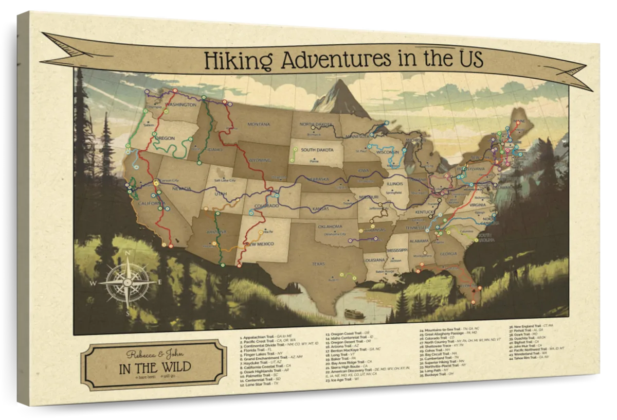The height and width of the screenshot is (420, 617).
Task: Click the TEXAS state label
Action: [319, 264]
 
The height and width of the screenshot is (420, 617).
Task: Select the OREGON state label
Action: [165, 138]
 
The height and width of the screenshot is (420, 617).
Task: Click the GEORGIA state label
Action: [448, 253]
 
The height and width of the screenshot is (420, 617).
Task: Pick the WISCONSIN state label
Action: [388, 153]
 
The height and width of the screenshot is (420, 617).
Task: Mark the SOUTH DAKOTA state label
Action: [315, 150]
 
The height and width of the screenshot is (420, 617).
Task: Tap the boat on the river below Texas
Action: [352, 312]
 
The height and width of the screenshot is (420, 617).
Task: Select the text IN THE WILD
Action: [155, 367]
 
